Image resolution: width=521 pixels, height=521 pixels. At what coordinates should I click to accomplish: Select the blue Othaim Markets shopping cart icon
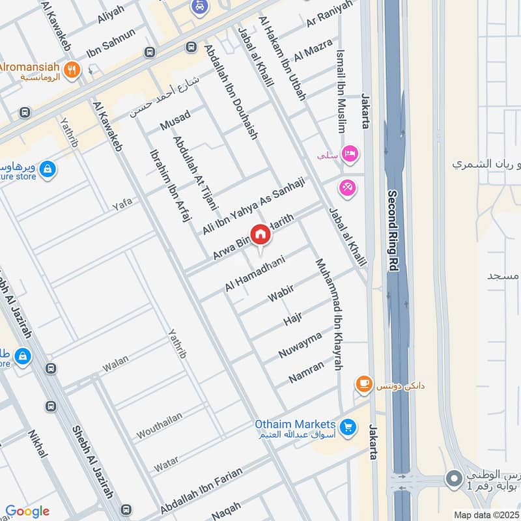348,427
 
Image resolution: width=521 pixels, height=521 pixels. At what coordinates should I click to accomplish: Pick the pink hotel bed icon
349,153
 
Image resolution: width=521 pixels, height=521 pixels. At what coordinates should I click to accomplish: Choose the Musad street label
176,120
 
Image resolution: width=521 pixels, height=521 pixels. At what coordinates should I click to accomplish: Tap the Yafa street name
121,203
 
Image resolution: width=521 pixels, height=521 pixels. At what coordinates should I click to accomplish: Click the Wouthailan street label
160,425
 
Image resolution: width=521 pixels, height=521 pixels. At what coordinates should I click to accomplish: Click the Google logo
27,511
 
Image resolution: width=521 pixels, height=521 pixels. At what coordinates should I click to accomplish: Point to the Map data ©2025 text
485,514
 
